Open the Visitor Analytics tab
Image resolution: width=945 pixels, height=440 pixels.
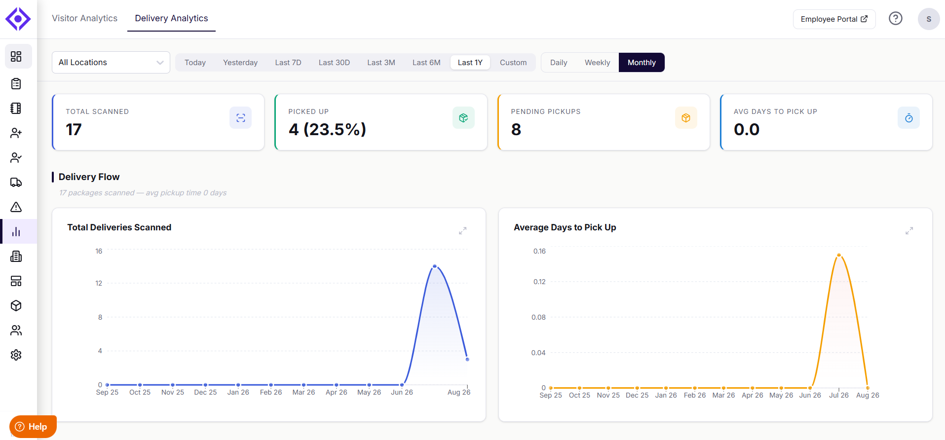[x=84, y=18]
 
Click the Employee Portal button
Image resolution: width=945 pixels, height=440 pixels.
[x=834, y=19]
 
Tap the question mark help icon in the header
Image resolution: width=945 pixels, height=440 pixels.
[x=895, y=19]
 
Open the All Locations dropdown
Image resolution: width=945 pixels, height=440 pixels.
[x=111, y=63]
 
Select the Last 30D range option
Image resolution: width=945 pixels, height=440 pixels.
[x=334, y=63]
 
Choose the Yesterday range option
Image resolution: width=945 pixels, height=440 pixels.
[x=240, y=63]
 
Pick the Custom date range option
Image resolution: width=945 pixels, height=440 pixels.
[x=513, y=63]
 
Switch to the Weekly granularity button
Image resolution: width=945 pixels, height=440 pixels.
[x=597, y=63]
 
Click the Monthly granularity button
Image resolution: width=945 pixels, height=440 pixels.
[x=642, y=63]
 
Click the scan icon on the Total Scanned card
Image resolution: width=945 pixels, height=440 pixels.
[x=240, y=118]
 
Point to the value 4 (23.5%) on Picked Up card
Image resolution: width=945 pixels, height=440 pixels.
[x=327, y=129]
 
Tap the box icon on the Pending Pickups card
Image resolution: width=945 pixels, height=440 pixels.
[x=686, y=118]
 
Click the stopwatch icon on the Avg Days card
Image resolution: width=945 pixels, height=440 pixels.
[x=908, y=118]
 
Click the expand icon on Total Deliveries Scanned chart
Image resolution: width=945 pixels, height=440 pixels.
[x=462, y=231]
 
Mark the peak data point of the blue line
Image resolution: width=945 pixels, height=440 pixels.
[x=435, y=266]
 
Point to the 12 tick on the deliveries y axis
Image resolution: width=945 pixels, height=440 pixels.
[x=99, y=283]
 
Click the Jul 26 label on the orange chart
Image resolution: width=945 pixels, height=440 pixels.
[x=838, y=395]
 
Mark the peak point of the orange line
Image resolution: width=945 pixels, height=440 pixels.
[x=839, y=255]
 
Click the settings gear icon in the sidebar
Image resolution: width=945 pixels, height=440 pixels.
[x=16, y=355]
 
